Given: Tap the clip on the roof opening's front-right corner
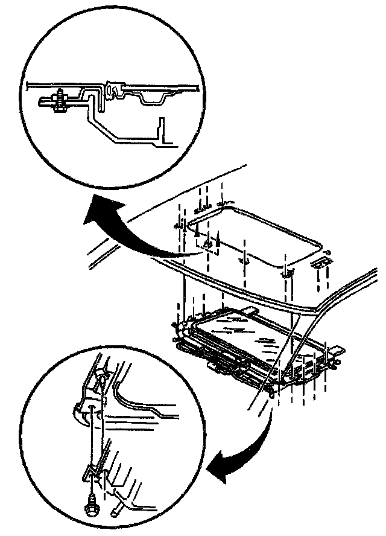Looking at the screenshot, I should point(288,273).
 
